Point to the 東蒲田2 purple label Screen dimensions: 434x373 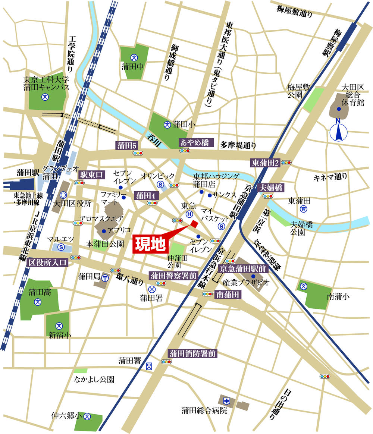click(266, 162)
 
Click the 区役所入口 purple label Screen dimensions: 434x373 click(48, 262)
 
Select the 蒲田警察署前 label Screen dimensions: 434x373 click(173, 276)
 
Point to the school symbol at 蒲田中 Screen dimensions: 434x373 click(134, 57)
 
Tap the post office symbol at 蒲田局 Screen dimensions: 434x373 click(105, 277)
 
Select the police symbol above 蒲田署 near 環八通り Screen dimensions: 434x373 click(152, 289)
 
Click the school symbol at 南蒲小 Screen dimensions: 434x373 click(304, 287)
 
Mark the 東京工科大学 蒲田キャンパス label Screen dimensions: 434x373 click(46, 83)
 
